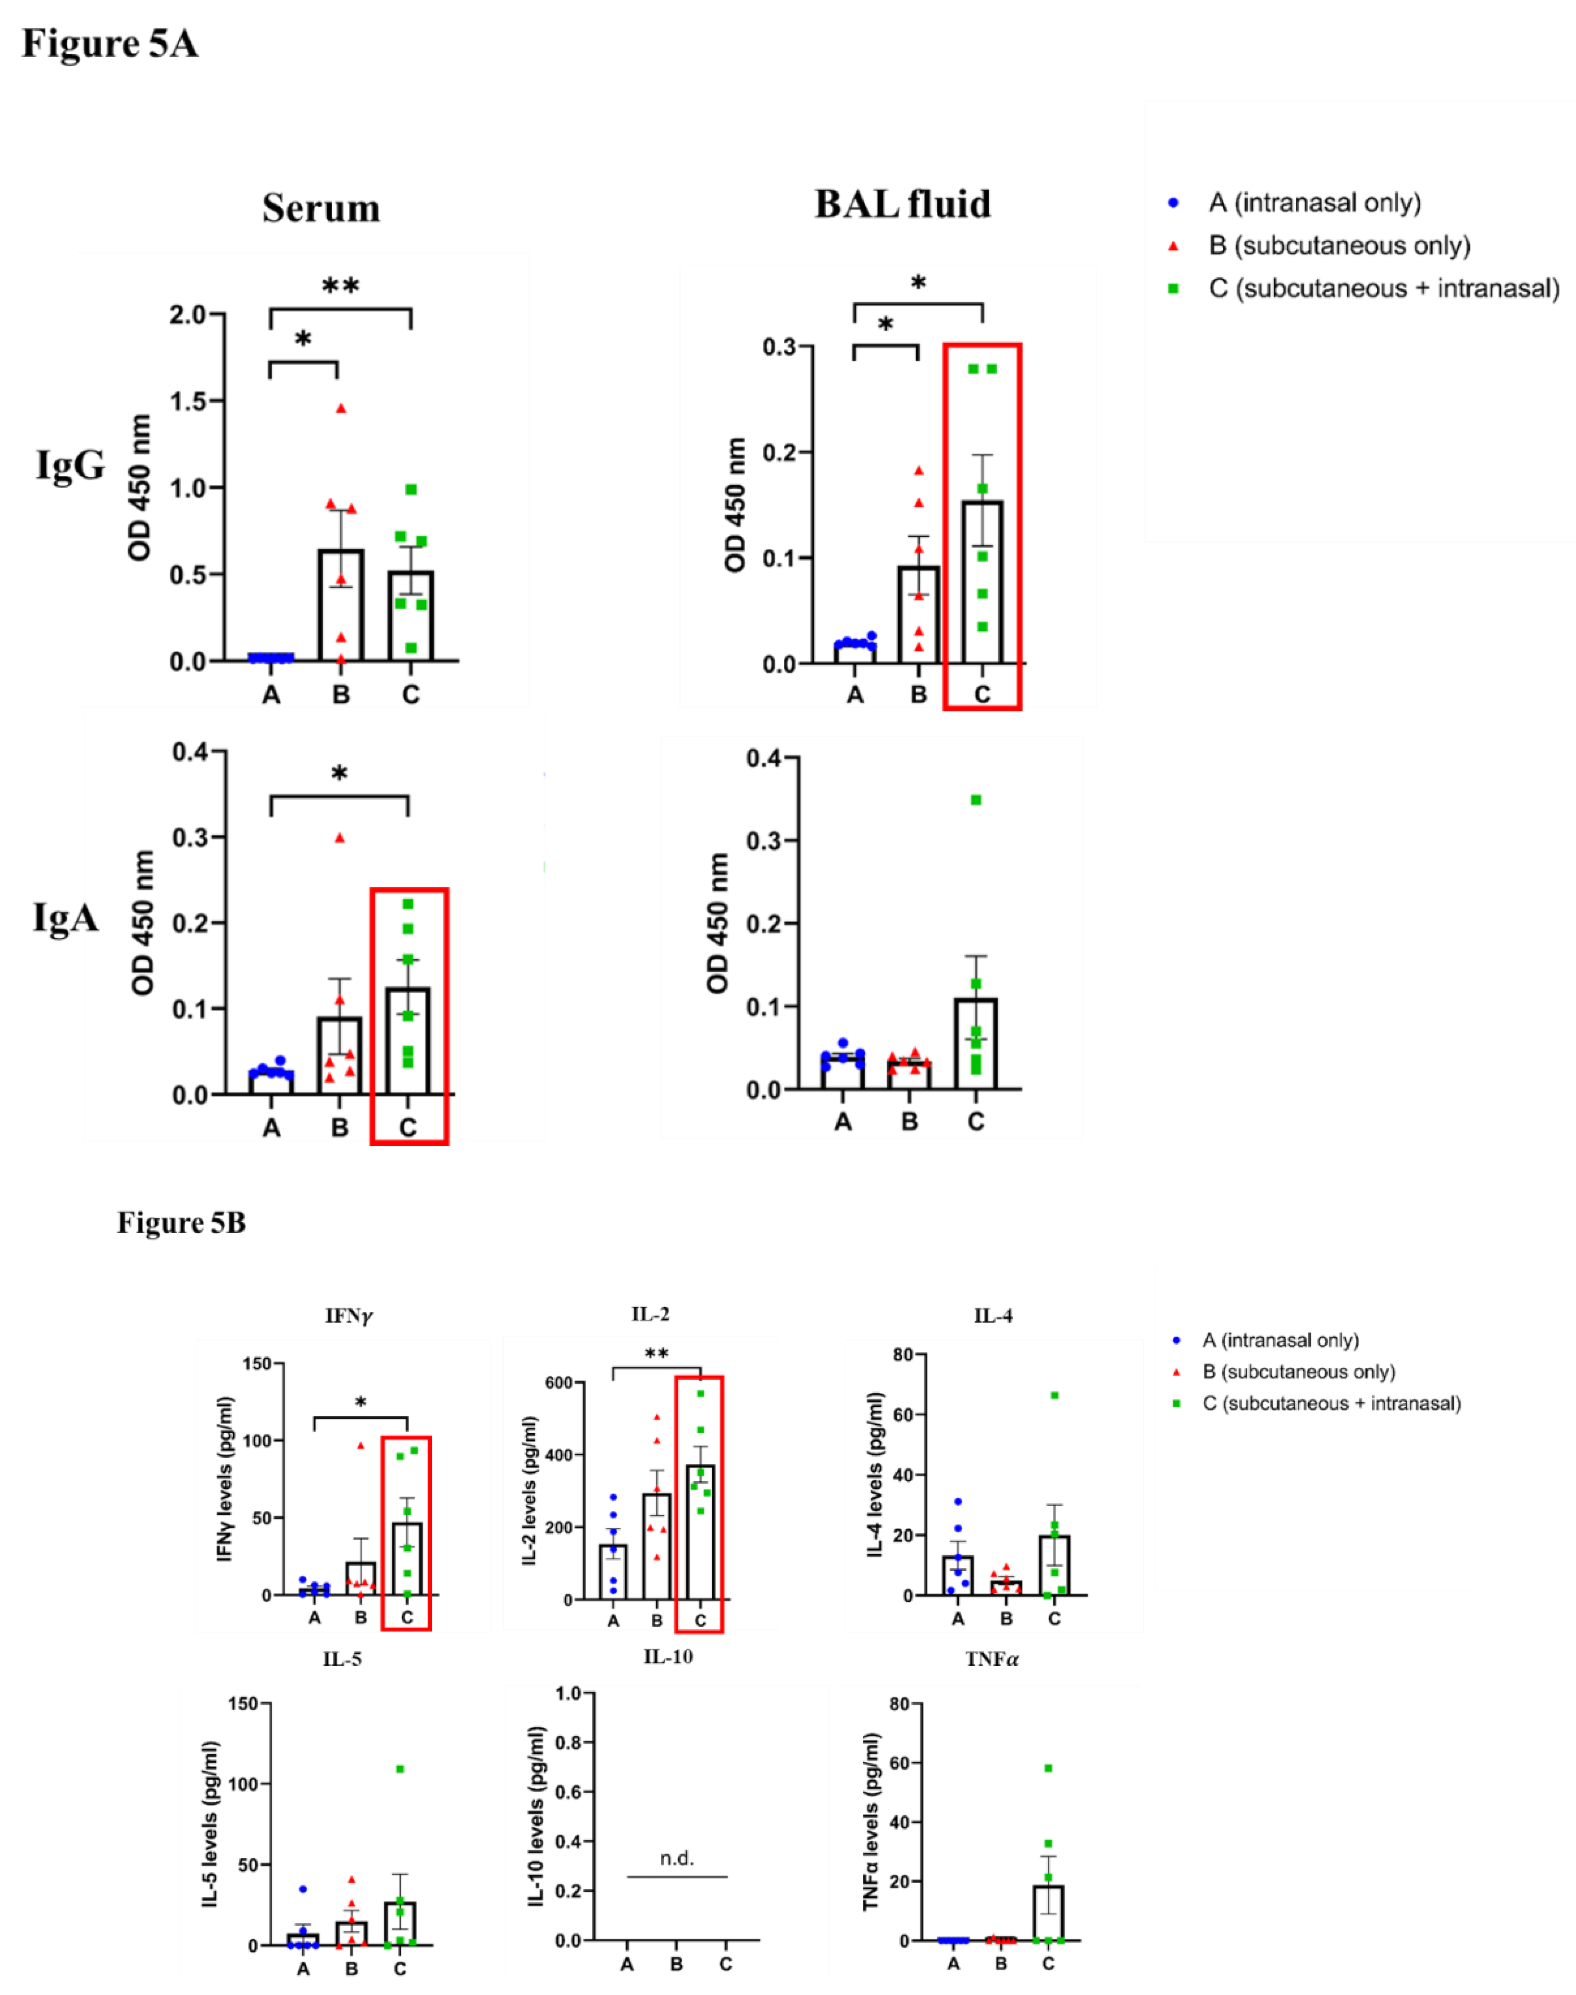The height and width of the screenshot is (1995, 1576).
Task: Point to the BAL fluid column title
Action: point(903,204)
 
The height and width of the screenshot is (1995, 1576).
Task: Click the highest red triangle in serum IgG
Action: point(340,408)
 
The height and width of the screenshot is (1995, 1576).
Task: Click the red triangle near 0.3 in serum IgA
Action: point(339,838)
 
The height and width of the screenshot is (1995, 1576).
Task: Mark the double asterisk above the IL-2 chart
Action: point(656,1354)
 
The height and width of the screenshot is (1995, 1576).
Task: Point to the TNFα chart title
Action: point(992,1659)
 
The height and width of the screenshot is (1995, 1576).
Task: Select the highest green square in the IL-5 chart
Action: point(399,1769)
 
